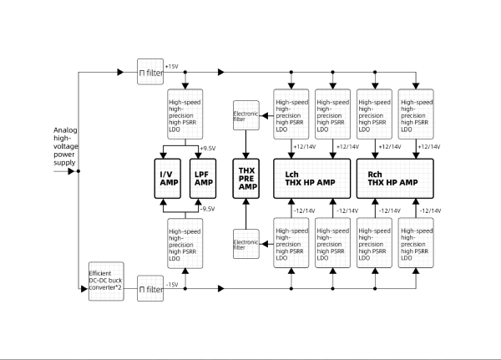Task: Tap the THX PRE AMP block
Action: click(245, 177)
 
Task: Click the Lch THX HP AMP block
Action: click(311, 177)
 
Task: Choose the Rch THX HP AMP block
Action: click(394, 177)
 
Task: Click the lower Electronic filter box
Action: click(245, 243)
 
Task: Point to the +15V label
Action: click(172, 66)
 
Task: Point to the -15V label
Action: click(173, 284)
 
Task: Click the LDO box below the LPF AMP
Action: click(185, 244)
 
